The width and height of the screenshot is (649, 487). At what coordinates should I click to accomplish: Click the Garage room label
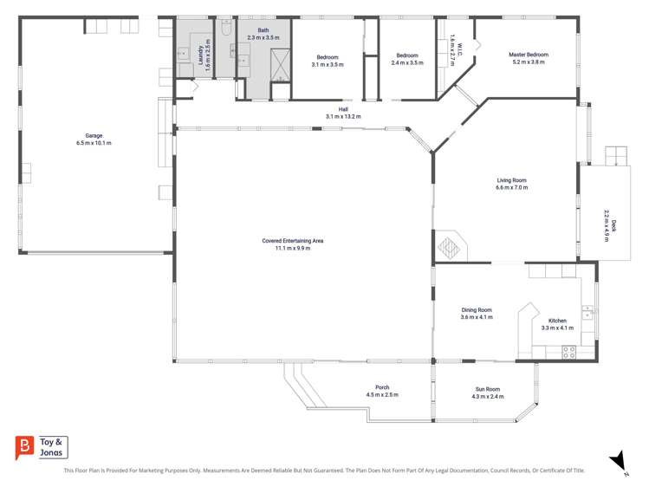94,136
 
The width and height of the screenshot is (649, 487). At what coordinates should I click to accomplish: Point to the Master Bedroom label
528,55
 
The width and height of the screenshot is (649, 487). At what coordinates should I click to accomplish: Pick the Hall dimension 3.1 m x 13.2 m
343,116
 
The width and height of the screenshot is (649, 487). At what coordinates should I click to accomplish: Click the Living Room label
511,180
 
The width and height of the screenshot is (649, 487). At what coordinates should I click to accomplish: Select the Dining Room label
477,310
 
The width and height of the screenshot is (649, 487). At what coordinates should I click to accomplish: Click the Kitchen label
557,321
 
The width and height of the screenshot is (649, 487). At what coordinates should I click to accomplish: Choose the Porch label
382,387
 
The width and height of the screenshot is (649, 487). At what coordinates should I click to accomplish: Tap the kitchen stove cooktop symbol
569,352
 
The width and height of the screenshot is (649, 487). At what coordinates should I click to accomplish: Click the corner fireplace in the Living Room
449,248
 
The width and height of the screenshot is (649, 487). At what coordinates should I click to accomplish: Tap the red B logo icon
24,448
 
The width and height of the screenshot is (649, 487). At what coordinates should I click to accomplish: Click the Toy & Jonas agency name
53,447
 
